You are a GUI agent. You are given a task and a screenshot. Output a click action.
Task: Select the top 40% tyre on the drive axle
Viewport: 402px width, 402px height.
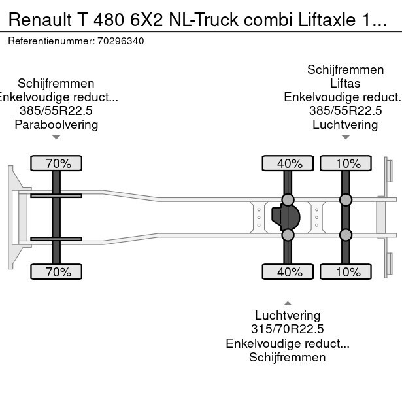point(288,163)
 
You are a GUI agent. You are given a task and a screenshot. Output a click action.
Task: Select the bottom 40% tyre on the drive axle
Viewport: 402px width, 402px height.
point(288,272)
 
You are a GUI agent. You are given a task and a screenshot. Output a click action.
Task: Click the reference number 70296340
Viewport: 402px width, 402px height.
point(120,41)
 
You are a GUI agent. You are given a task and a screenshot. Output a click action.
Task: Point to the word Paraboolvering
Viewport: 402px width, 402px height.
point(56,124)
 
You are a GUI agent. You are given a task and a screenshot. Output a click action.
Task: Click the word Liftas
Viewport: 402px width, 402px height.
point(345,84)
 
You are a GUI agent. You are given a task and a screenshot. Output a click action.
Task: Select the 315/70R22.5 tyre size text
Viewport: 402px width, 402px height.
point(288,329)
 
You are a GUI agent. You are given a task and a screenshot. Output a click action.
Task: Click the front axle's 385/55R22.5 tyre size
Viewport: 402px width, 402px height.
point(56,110)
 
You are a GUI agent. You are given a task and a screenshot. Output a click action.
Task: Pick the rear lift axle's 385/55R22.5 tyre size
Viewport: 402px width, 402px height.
point(345,110)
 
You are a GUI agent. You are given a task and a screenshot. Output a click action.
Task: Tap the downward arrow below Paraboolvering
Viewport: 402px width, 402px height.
point(56,137)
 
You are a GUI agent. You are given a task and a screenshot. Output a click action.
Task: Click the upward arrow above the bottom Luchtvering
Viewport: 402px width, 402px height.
point(288,303)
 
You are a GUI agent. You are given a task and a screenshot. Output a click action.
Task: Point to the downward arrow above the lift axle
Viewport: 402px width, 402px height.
point(345,137)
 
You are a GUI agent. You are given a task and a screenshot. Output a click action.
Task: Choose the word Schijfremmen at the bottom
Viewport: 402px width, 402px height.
point(288,357)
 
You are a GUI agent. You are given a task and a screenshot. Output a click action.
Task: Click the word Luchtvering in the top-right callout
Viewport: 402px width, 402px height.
point(345,124)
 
